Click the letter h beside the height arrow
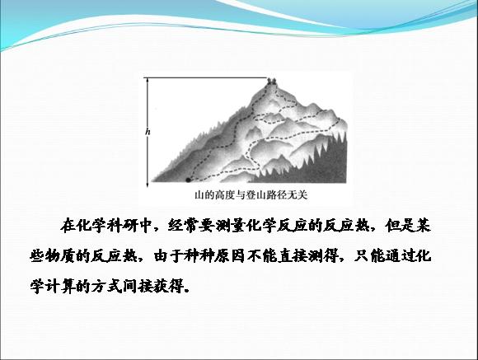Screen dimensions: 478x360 tap(148, 132)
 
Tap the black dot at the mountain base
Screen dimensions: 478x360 tap(188, 180)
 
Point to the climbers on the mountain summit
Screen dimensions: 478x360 tap(271, 81)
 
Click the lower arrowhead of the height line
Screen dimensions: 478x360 tap(148, 185)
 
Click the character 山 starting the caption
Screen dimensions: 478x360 tap(199, 195)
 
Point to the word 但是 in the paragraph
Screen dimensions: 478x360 tap(400, 226)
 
